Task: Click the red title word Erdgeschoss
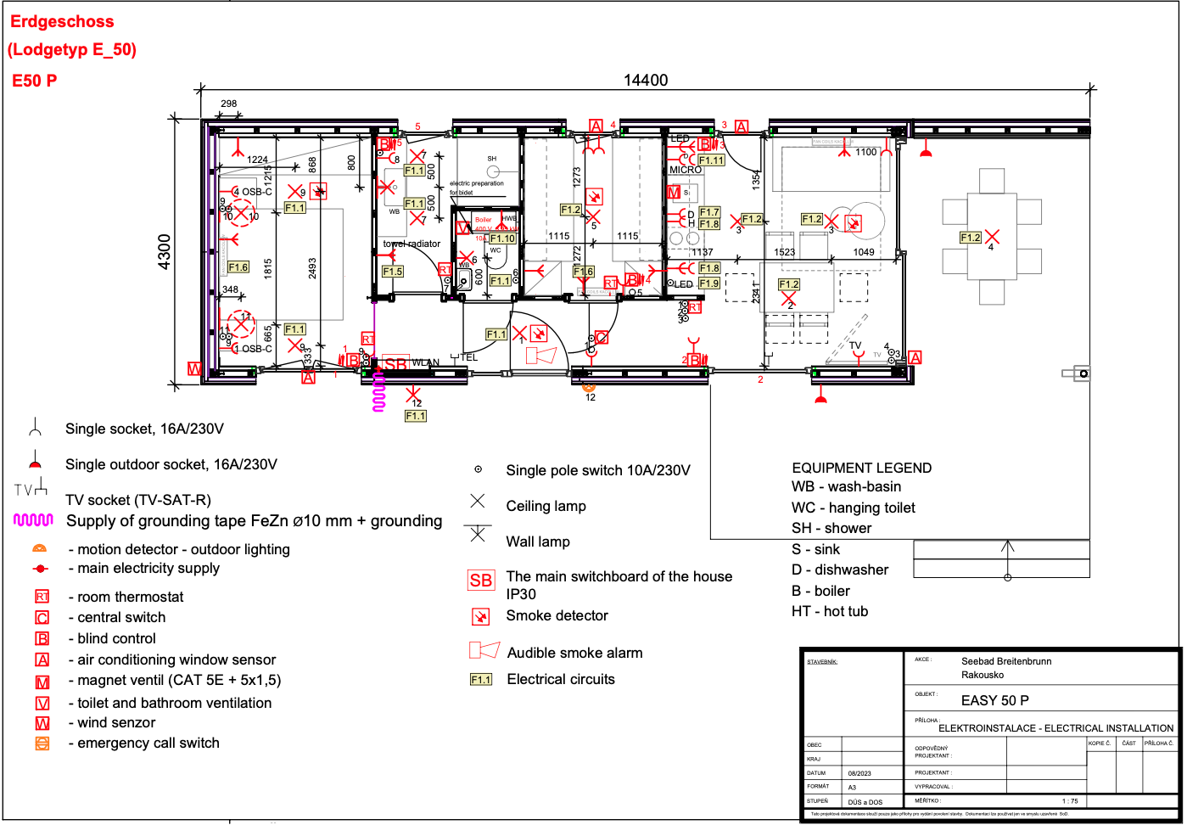tap(62, 22)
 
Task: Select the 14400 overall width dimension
tap(646, 80)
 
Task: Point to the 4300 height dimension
tap(165, 252)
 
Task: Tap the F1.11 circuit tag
tap(711, 160)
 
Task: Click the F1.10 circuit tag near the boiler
tap(502, 239)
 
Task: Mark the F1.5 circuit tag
tap(392, 272)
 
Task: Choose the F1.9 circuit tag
tap(709, 283)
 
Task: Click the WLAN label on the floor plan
tap(426, 363)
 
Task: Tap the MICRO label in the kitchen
tap(686, 170)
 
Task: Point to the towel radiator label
tap(412, 244)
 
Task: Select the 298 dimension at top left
tap(229, 104)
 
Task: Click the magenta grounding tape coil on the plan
tap(379, 391)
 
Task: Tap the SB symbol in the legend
tap(480, 581)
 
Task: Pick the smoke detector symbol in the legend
tap(480, 617)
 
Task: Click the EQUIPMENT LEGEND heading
tap(861, 469)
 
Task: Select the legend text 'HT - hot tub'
tap(830, 612)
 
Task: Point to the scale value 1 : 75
tap(1070, 801)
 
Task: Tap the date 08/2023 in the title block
tap(859, 773)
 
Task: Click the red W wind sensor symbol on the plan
tap(194, 369)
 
